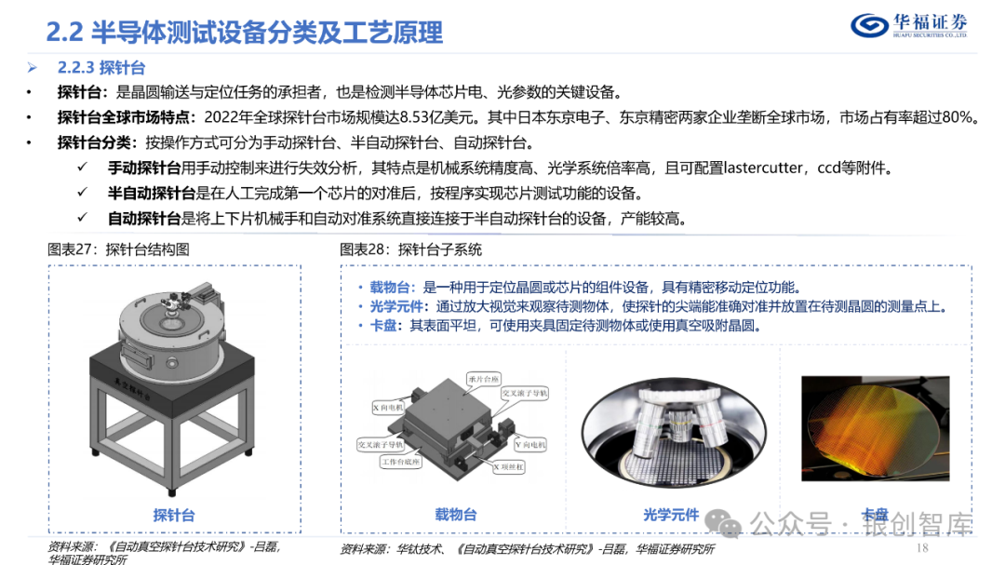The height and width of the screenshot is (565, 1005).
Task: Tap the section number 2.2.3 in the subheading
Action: (75, 69)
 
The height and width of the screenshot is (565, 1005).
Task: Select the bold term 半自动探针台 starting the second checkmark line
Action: (152, 194)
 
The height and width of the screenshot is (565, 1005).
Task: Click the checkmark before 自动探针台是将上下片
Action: (83, 219)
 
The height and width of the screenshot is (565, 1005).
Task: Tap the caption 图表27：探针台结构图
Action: (118, 249)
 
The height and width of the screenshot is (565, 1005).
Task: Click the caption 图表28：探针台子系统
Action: (411, 249)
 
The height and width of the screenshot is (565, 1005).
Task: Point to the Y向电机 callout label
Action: (534, 445)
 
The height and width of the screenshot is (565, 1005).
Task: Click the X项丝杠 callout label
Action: (510, 464)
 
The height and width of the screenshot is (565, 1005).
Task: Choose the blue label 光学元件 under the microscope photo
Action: (670, 515)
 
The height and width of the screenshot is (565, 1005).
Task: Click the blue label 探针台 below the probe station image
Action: (174, 515)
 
